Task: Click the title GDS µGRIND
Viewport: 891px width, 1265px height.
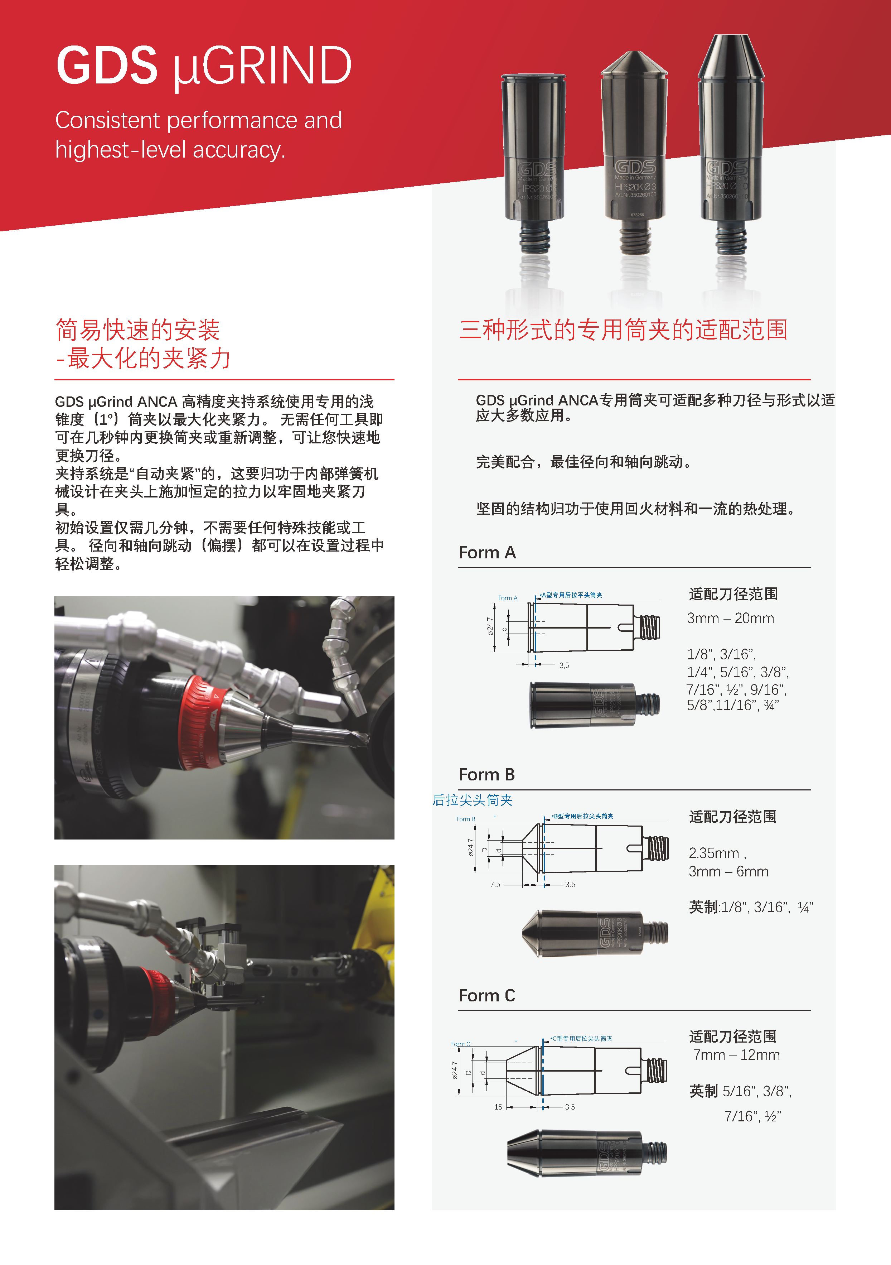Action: coord(204,66)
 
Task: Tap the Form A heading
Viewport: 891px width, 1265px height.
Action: coord(487,553)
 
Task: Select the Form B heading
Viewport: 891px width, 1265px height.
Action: coord(487,775)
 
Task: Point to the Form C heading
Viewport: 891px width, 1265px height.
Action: coord(487,996)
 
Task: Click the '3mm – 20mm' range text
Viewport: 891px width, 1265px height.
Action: coord(730,619)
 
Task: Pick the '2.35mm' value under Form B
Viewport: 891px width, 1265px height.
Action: coord(714,853)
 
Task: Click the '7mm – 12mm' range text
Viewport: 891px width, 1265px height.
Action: coord(736,1055)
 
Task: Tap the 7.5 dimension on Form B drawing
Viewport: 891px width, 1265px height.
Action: coord(495,885)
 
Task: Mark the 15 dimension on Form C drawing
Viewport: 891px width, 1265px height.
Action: coord(498,1107)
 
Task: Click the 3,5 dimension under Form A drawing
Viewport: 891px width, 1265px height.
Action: coord(564,665)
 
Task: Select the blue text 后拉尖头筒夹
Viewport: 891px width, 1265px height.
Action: coord(473,800)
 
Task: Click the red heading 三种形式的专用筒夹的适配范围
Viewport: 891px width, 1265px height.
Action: coord(623,330)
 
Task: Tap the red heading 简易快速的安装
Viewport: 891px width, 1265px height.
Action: coord(138,330)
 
